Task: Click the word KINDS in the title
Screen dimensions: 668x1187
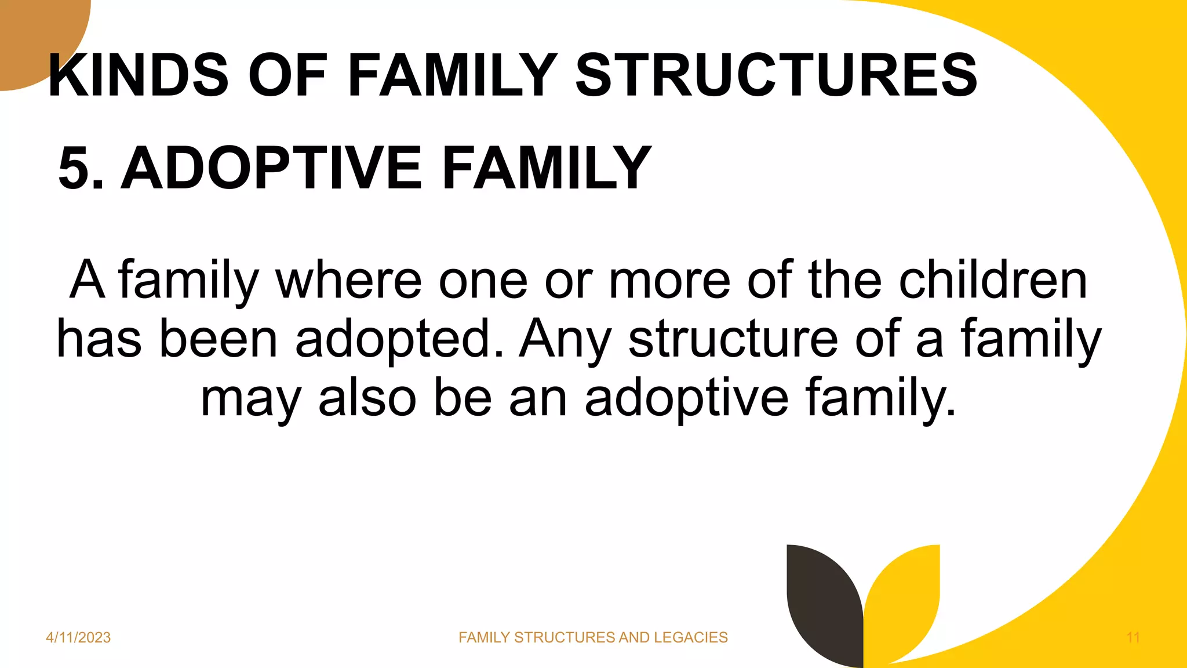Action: pos(139,75)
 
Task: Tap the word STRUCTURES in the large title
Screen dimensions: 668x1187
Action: pos(777,75)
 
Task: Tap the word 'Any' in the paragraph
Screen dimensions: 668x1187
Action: pos(565,340)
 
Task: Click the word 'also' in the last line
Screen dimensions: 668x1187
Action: pos(367,398)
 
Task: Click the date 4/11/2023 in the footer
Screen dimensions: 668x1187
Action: pos(78,638)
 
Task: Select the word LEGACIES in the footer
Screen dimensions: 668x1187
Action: pos(690,638)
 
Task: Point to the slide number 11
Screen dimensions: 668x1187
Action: pos(1133,638)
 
